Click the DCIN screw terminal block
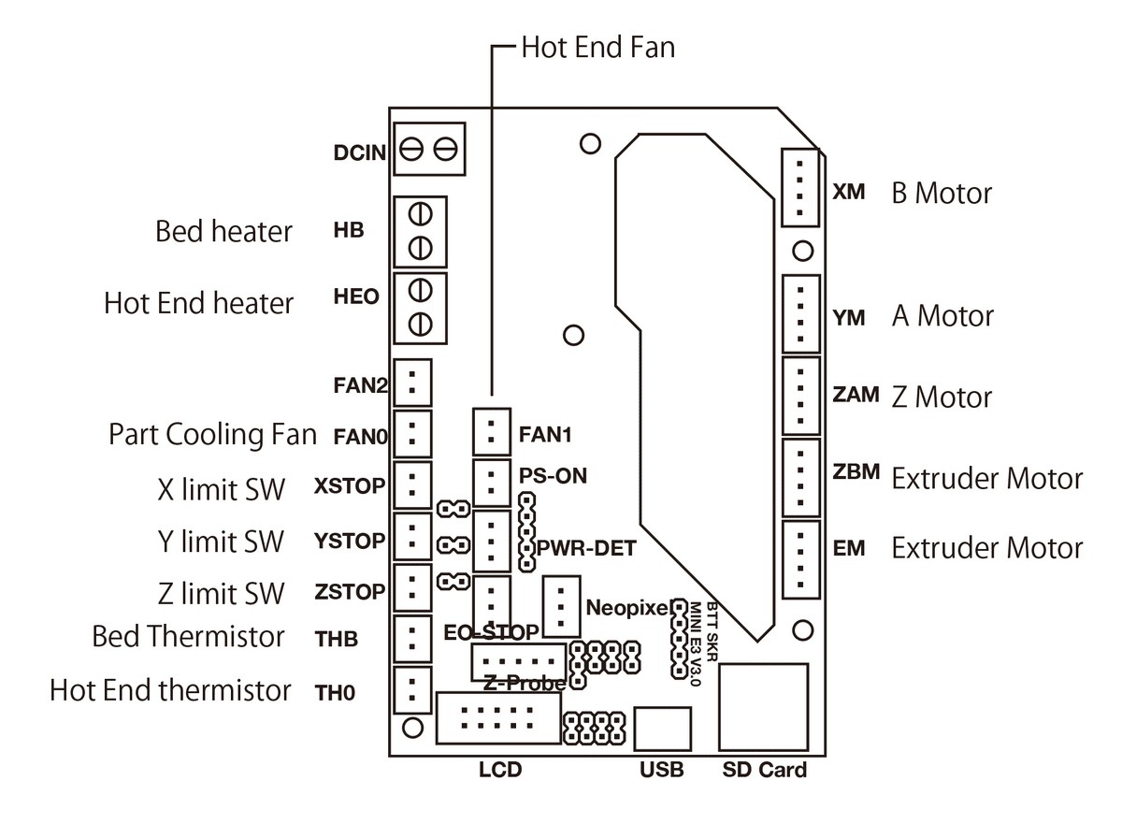click(x=429, y=148)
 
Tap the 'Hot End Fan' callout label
click(x=597, y=47)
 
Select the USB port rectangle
click(x=663, y=730)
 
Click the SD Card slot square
click(x=764, y=707)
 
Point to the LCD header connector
click(x=496, y=718)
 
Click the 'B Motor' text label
click(x=941, y=194)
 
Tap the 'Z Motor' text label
click(x=942, y=397)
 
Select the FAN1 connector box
click(x=492, y=432)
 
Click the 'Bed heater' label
click(x=223, y=230)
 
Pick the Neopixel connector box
click(x=560, y=606)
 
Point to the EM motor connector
click(x=799, y=558)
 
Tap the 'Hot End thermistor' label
click(x=170, y=690)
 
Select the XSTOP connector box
click(x=412, y=484)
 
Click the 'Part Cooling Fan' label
click(x=212, y=435)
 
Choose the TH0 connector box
click(x=412, y=690)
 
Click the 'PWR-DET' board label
click(x=586, y=548)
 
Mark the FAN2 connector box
click(x=412, y=382)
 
